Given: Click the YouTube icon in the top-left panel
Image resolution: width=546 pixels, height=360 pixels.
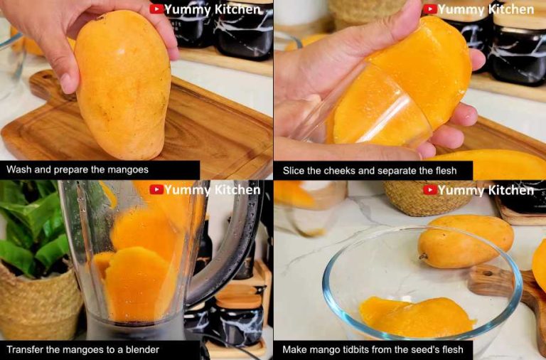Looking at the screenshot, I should tap(156, 9).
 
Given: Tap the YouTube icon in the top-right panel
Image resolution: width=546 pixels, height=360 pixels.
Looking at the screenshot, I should tap(430, 9).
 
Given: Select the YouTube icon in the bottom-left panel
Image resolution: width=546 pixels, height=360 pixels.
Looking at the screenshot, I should tap(156, 189).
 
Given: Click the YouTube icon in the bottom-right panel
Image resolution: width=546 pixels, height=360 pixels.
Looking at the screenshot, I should tap(430, 190).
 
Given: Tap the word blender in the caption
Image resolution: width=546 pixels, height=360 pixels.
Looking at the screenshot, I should tap(141, 349).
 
